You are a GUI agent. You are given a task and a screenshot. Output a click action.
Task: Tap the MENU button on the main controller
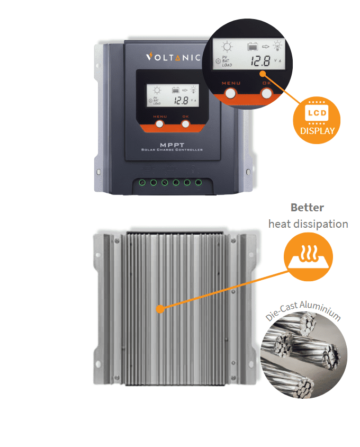[x=159, y=124]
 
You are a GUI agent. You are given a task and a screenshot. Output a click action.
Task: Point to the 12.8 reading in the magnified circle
[x=260, y=62]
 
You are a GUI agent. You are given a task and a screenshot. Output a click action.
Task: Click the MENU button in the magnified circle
[x=231, y=94]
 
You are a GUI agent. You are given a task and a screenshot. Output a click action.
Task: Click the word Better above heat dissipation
[x=307, y=208]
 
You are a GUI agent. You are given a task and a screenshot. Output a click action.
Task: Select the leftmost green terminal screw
[x=142, y=183]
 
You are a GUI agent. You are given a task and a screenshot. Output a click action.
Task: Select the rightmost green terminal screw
[x=199, y=183]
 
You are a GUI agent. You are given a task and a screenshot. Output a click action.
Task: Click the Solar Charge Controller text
[x=172, y=150]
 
